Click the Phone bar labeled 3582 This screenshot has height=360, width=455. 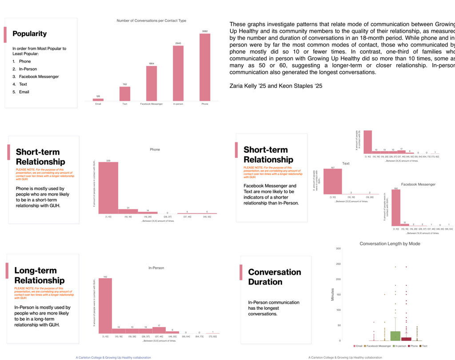[204, 67]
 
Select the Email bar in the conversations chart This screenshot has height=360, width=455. [98, 100]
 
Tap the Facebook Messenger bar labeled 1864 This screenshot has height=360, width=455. [151, 84]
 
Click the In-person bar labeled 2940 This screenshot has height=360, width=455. [178, 73]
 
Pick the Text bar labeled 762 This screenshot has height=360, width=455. [124, 93]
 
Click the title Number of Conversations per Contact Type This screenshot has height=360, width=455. [151, 20]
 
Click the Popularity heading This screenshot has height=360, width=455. [29, 34]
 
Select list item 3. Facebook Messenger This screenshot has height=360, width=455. [36, 76]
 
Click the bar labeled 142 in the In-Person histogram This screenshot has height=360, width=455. [105, 306]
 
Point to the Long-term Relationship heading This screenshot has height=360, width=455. [36, 275]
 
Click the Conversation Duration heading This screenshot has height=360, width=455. [274, 277]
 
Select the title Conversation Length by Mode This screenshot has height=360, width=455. [389, 244]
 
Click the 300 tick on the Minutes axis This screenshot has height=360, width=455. [338, 248]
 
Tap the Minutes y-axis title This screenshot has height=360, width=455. [332, 294]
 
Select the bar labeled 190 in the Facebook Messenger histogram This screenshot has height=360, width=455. [395, 208]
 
